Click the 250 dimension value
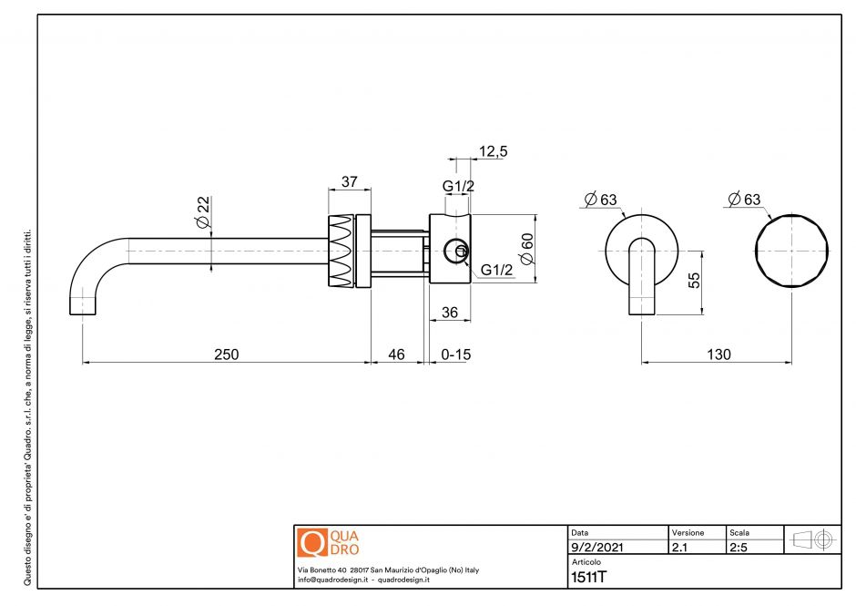226,354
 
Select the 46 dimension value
396,354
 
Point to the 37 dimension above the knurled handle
349,182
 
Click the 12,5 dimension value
493,151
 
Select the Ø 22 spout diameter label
203,212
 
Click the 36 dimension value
449,312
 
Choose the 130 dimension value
718,354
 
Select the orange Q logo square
311,542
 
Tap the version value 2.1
679,548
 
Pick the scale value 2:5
739,548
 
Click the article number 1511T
588,576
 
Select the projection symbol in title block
812,539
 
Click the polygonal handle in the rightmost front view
792,251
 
